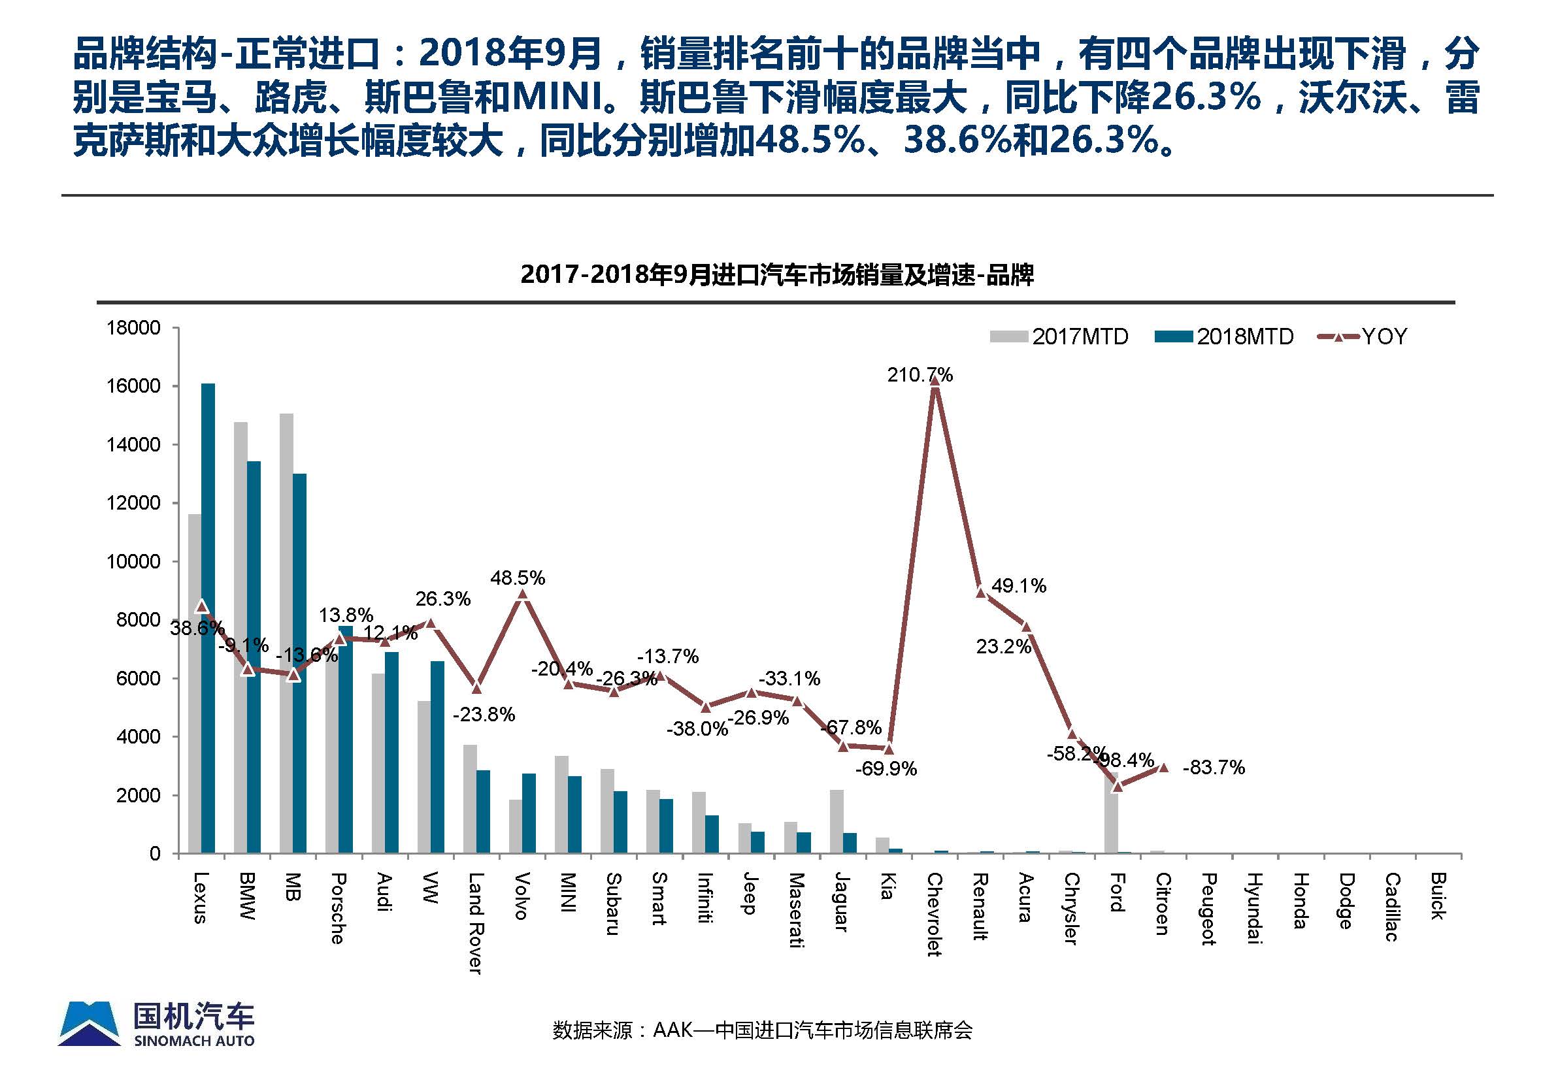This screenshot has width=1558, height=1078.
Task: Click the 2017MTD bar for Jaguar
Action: [x=837, y=821]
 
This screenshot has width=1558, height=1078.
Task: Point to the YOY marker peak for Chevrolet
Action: [x=935, y=381]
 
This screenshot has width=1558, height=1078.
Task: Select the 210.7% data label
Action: [x=920, y=375]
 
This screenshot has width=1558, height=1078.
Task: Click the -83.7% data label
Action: [x=1214, y=767]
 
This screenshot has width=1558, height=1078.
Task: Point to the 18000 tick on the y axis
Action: [x=133, y=328]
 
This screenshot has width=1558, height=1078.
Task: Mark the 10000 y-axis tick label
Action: [x=133, y=562]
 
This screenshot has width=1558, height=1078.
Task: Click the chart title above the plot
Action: [x=777, y=276]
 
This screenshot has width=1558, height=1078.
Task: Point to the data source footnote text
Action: [x=762, y=1030]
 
